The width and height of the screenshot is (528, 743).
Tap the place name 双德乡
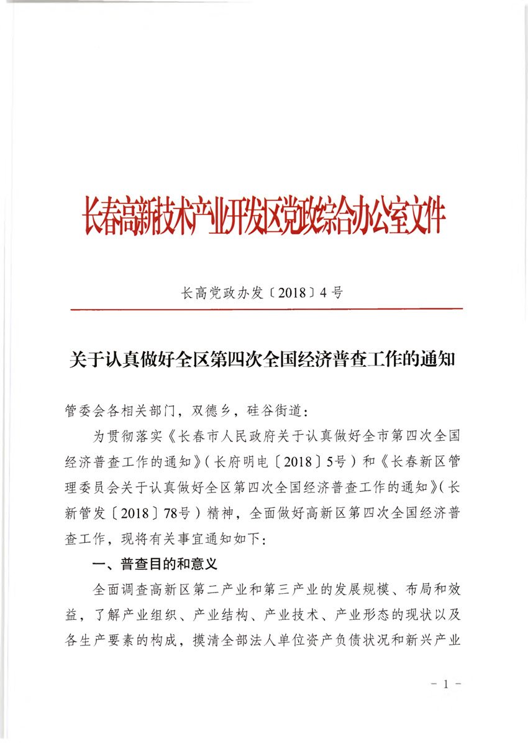(x=211, y=411)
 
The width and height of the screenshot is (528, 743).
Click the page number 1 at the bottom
(x=446, y=685)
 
